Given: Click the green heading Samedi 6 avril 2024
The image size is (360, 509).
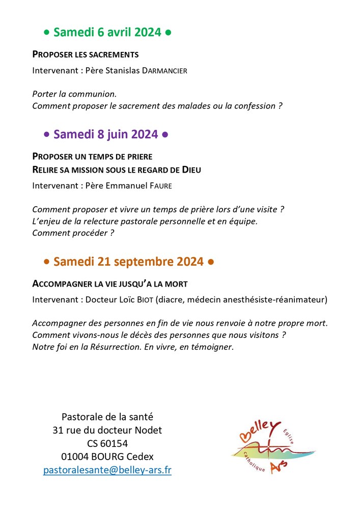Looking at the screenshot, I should coord(107,33).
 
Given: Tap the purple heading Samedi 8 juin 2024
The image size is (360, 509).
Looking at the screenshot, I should coord(106,134).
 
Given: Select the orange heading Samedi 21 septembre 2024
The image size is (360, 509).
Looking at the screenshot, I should coord(128,262).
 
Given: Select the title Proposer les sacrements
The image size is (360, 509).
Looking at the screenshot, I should coord(86,54).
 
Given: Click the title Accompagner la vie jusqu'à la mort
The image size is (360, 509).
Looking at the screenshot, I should coord(113,284).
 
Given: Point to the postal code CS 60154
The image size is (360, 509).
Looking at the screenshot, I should coord(107,443).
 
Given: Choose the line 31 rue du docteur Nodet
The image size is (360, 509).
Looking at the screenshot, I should coord(107,430).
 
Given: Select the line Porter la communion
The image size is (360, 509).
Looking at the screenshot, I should coord(74,94).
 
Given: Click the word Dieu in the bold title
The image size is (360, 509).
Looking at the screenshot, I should coord(189,169).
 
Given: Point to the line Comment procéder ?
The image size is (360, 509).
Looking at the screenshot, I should coord(72,233).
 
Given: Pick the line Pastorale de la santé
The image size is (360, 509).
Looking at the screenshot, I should coord(107,417).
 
